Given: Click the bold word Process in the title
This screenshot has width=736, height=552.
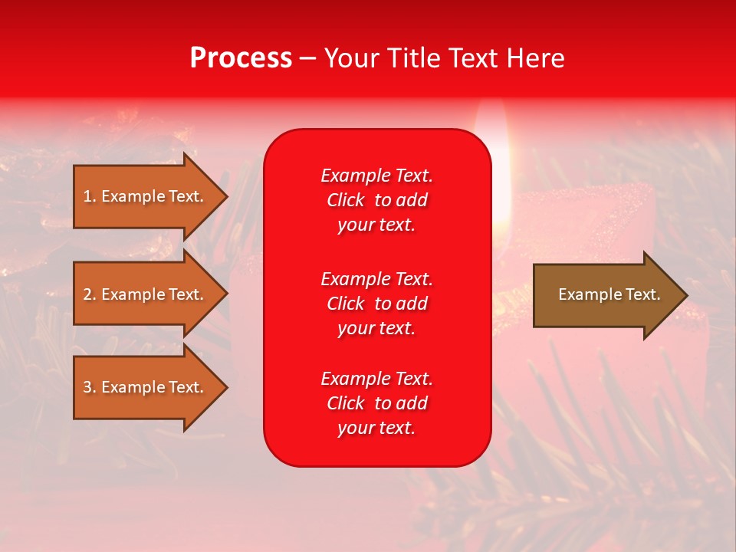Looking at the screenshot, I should pyautogui.click(x=241, y=58).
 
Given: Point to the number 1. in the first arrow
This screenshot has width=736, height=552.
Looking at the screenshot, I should pyautogui.click(x=90, y=196).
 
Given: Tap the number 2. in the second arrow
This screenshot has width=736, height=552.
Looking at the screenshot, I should pyautogui.click(x=90, y=294).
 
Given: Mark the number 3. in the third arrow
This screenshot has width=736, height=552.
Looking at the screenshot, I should pyautogui.click(x=90, y=387).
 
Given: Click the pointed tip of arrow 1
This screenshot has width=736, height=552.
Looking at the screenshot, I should pyautogui.click(x=222, y=196).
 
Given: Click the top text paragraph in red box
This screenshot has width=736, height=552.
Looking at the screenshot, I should pyautogui.click(x=376, y=200).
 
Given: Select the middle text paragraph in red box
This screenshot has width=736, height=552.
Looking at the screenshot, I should pyautogui.click(x=376, y=303).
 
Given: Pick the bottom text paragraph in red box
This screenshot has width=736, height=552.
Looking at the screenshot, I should pyautogui.click(x=376, y=403).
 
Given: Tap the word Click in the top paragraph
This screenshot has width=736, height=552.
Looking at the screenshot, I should pyautogui.click(x=345, y=200).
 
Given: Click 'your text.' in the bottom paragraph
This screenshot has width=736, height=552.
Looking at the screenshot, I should pyautogui.click(x=376, y=428).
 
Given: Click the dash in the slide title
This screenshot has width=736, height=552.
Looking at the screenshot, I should pyautogui.click(x=307, y=58).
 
